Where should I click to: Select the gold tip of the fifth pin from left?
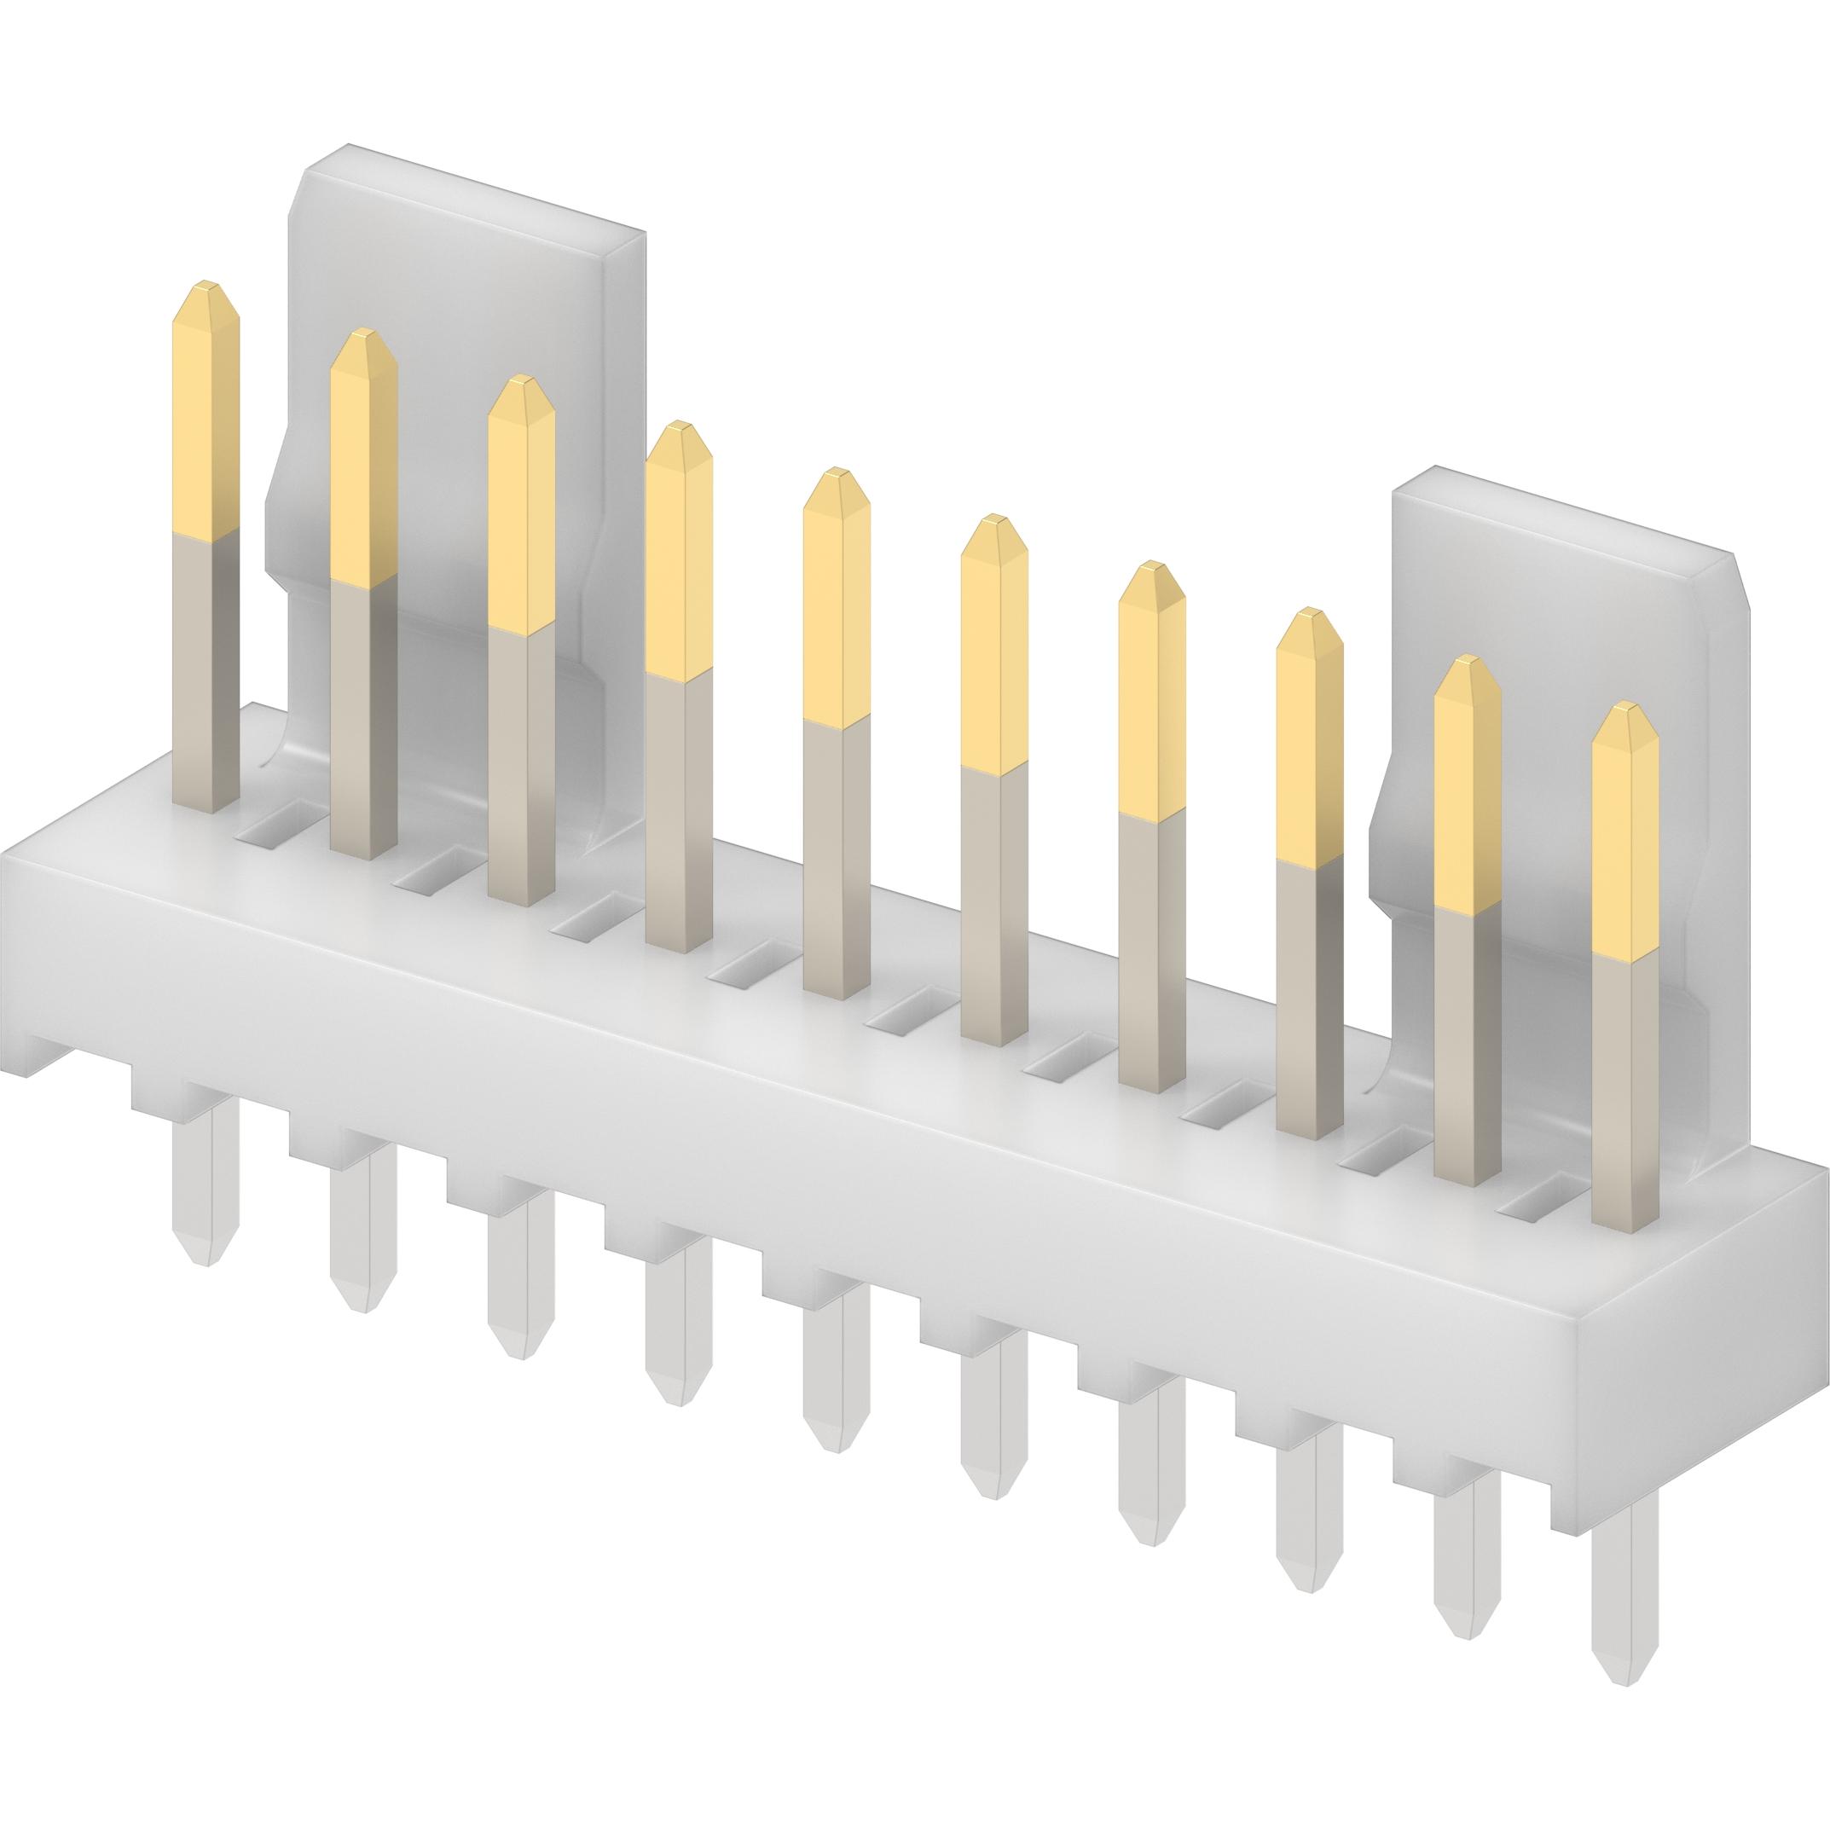coord(836,597)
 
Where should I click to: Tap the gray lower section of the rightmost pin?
coord(1625,1089)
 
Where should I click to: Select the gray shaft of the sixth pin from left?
coord(993,900)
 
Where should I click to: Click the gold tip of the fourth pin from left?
coord(678,549)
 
